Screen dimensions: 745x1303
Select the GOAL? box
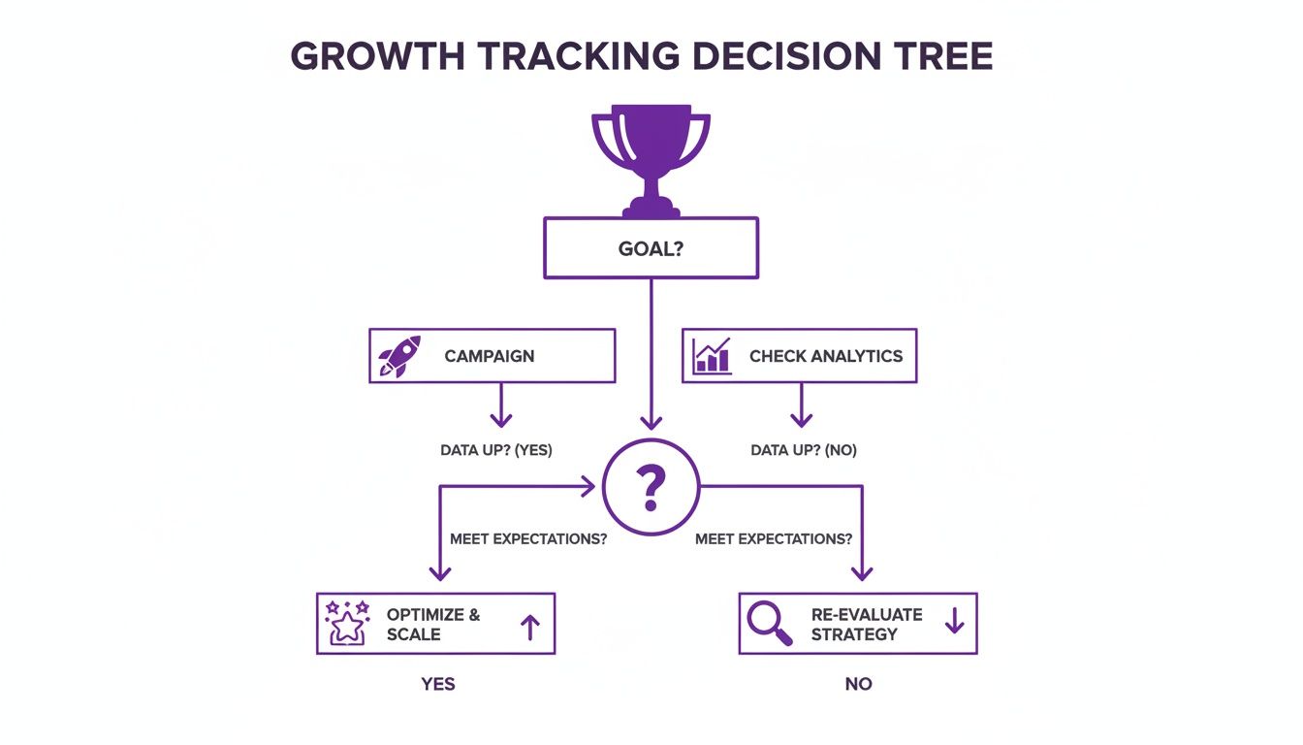coord(651,248)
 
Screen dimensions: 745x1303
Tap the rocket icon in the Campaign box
coord(399,356)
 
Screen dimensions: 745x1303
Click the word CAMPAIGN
coord(490,356)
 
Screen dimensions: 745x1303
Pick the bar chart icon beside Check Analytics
coord(713,356)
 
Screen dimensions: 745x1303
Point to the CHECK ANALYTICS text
coord(826,356)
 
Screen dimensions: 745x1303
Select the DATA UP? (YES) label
coord(495,450)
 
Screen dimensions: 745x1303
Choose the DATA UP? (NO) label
coord(804,450)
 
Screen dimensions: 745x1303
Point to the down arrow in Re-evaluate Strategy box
coord(954,621)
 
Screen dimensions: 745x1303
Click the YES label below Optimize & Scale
coord(438,684)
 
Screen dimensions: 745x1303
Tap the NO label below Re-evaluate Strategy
coord(858,684)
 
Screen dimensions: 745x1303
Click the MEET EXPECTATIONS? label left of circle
coord(528,538)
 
